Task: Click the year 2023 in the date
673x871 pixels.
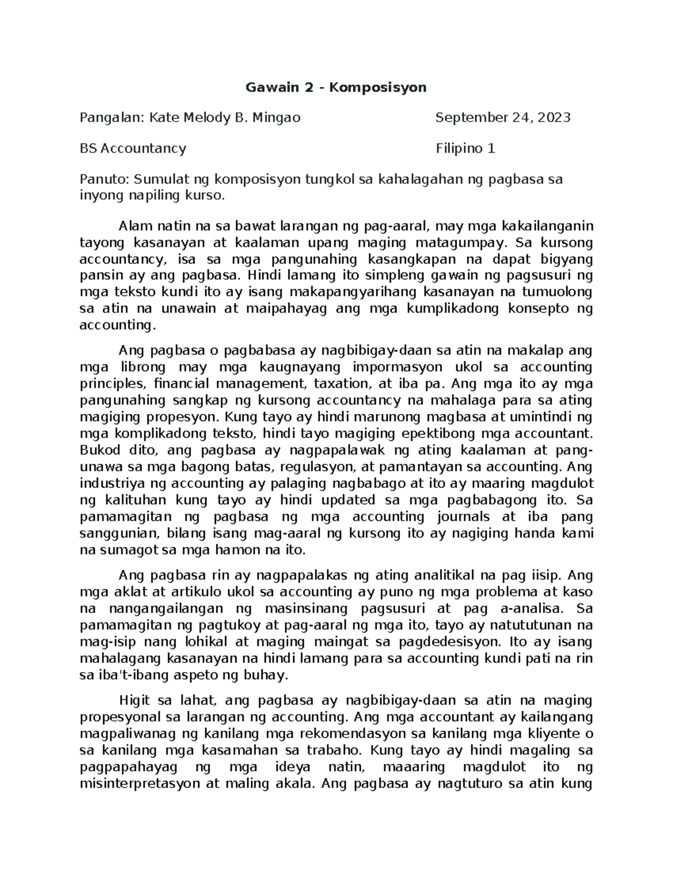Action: point(555,117)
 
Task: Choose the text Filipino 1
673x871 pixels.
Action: point(465,149)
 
